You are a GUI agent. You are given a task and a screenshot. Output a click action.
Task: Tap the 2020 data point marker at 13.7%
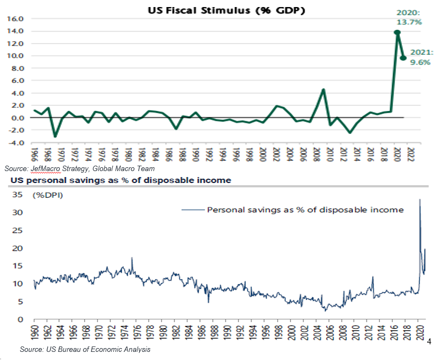click(397, 32)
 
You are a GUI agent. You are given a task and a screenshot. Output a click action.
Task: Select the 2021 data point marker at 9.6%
click(404, 58)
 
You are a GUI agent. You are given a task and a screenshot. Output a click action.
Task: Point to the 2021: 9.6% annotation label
click(421, 57)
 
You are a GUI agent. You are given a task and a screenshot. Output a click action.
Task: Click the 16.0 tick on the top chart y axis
click(16, 18)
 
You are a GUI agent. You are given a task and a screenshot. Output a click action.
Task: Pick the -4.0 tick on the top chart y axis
click(16, 143)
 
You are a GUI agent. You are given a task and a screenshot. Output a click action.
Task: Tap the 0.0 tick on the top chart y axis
click(17, 118)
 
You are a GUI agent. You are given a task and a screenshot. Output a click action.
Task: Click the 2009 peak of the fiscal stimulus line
click(324, 89)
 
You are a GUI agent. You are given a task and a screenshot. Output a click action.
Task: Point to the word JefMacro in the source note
click(45, 168)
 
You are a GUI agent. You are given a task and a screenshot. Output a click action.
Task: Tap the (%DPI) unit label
click(48, 195)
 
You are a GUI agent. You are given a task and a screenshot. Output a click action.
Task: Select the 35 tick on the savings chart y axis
click(18, 195)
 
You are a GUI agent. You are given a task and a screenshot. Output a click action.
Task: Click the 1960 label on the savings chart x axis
click(34, 332)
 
